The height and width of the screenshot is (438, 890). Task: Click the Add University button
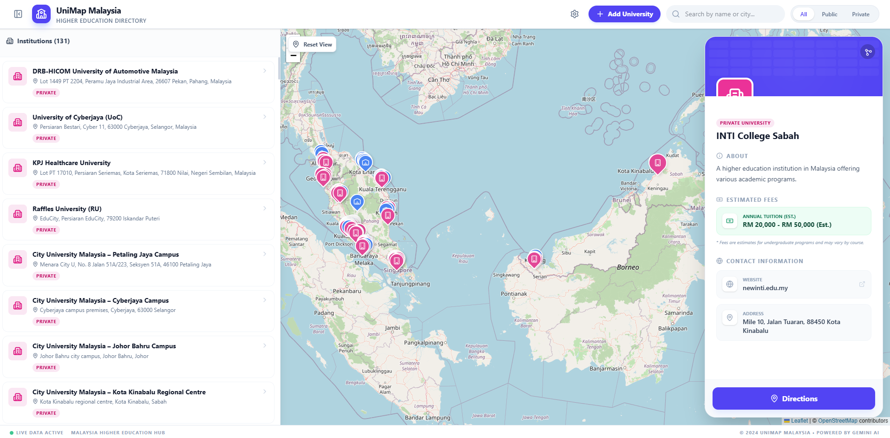point(624,14)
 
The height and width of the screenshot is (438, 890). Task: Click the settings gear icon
point(575,14)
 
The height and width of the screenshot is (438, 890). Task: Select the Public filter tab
point(829,14)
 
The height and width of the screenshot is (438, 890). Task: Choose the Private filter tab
point(860,14)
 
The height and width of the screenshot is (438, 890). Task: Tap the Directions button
point(793,398)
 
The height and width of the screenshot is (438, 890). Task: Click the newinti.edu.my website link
point(765,288)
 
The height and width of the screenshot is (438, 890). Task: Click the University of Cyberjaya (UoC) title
point(78,117)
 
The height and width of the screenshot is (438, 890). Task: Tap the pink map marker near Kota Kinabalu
point(657,163)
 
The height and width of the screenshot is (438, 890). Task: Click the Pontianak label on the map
point(514,294)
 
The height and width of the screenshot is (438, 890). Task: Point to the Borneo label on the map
point(628,267)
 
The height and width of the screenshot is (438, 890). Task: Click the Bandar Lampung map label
point(427,418)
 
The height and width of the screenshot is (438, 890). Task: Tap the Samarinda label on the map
point(678,313)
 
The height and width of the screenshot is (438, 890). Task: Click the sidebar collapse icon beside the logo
point(18,14)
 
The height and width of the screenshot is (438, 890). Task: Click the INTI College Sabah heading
point(757,136)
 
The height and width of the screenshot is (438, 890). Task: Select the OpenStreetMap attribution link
point(838,421)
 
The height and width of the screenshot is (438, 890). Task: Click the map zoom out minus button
point(294,56)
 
